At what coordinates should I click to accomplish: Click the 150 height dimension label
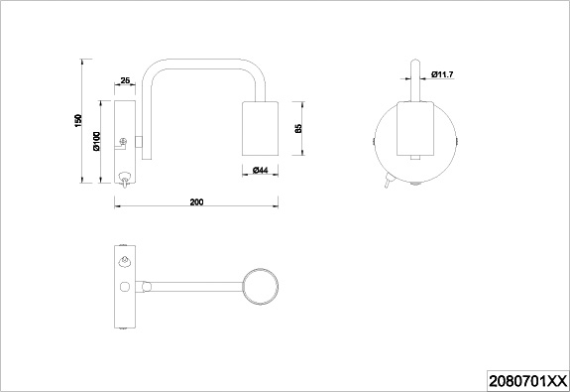78,120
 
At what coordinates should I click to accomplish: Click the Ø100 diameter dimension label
96,141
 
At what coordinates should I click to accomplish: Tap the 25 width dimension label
125,80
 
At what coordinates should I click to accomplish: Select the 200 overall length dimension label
196,202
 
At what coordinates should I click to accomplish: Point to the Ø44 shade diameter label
261,170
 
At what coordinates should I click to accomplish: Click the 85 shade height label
298,128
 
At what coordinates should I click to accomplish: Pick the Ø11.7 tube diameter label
442,74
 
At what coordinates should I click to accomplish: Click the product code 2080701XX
527,381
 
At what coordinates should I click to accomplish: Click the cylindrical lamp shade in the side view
261,128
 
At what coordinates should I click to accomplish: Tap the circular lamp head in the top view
261,287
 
